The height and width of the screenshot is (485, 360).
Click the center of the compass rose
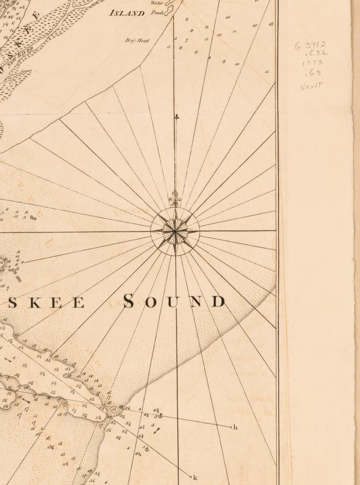point(175,231)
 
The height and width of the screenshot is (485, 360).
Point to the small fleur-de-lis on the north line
point(176,117)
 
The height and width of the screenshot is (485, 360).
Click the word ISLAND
point(127,13)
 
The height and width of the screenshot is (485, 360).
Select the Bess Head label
point(137,40)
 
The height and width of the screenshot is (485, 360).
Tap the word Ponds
point(157,13)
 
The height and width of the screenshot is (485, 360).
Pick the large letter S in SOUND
point(129,301)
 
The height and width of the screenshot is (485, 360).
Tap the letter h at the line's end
point(235,427)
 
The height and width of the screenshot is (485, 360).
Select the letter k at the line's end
point(195,478)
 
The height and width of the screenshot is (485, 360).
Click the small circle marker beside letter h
point(231,427)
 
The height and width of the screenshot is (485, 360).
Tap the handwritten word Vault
point(312,86)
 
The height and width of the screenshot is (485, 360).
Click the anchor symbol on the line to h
point(160,415)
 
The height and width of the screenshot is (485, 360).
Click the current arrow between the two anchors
point(157,431)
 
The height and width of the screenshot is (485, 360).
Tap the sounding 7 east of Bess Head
point(186,40)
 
